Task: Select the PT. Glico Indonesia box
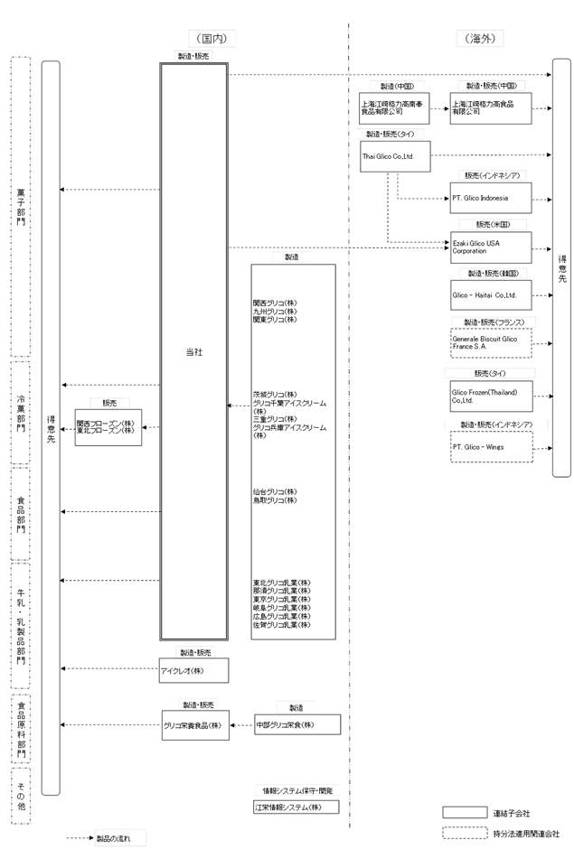click(491, 198)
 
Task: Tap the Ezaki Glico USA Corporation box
click(491, 247)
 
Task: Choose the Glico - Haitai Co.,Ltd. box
click(491, 295)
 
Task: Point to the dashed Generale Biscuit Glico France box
click(491, 344)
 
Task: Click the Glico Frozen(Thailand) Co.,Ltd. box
click(491, 396)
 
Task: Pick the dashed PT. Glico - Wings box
click(491, 446)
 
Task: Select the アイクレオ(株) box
click(193, 670)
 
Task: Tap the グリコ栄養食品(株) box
click(193, 725)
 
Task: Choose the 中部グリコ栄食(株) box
click(296, 725)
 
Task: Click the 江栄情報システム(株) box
click(296, 807)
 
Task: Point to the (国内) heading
click(212, 39)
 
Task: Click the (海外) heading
click(481, 39)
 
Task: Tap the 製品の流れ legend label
click(113, 838)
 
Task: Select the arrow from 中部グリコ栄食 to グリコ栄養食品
click(240, 725)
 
